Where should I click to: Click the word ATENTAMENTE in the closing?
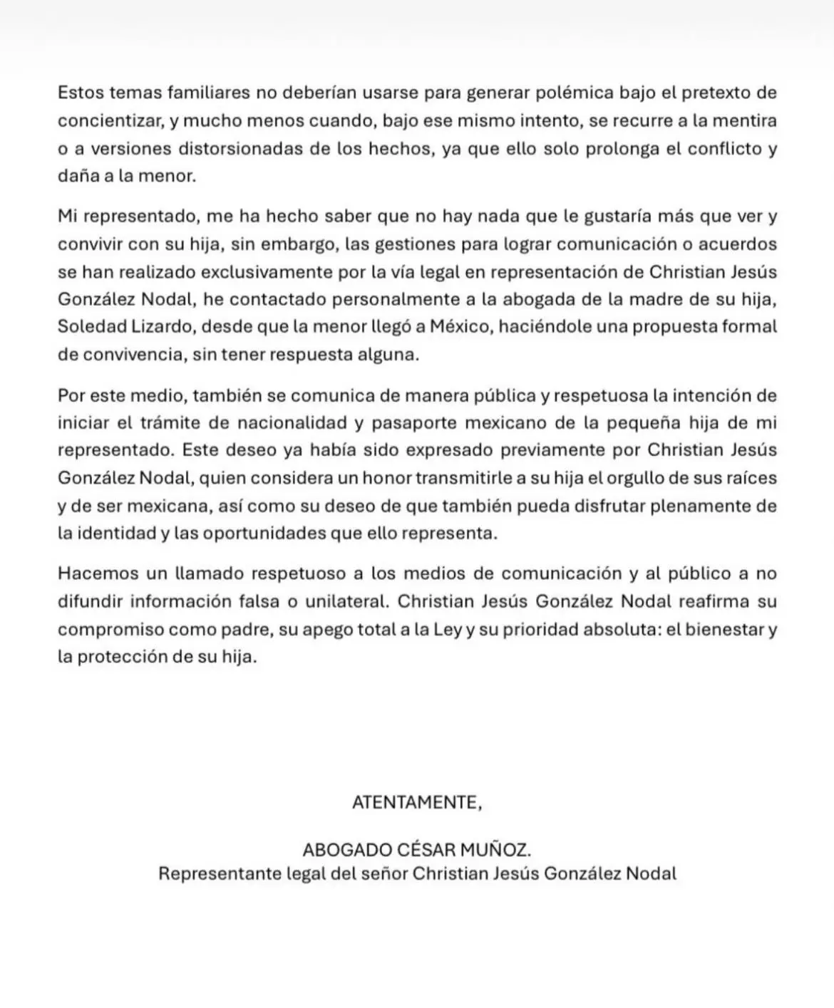coord(416,802)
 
